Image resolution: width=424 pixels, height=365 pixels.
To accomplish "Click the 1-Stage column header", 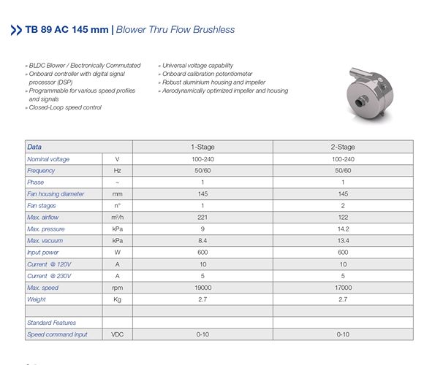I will (202, 147).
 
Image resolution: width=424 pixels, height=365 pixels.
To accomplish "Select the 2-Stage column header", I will (343, 147).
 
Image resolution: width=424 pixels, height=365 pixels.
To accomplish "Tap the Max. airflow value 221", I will (202, 217).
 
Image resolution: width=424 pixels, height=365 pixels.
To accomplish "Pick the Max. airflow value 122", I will (343, 217).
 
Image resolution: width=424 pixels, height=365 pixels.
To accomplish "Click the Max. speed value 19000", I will (202, 287).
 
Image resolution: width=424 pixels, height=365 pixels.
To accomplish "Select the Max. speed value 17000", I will (343, 287).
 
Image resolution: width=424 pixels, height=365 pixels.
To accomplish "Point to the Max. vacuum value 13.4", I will (343, 240).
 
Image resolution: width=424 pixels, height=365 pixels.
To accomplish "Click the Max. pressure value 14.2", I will (343, 228).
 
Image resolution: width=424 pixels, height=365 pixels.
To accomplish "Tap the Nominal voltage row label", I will (48, 158).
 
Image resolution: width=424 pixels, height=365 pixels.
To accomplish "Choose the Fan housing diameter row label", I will (56, 193).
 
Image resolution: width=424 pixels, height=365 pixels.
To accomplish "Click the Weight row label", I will (37, 299).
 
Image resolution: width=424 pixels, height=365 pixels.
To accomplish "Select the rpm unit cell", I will (117, 287).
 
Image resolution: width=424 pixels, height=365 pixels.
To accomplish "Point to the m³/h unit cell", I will (117, 217).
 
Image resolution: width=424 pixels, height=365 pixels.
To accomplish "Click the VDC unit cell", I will (117, 334).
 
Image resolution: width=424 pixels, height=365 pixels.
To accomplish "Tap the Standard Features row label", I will (51, 322).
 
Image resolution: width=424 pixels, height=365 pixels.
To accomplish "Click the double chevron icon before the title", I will (15, 30).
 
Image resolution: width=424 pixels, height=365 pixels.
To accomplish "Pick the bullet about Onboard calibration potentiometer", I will (208, 74).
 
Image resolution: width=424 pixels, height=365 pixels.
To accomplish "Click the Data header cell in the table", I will (35, 147).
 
